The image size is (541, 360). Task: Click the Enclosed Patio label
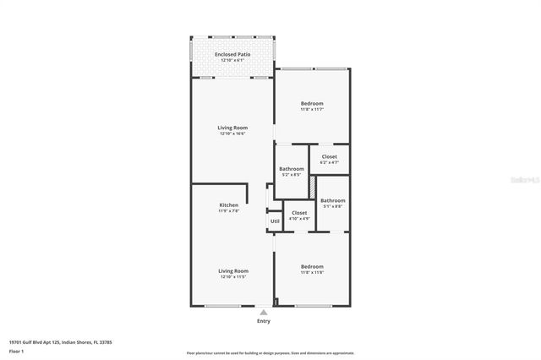[232, 54]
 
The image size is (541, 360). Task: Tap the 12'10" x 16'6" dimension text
[232, 134]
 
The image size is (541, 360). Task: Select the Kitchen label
[228, 205]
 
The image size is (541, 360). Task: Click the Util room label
[275, 221]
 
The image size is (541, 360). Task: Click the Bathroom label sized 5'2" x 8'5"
[292, 168]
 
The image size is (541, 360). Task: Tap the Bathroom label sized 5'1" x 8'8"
[332, 200]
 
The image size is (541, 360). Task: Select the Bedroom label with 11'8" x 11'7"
[312, 103]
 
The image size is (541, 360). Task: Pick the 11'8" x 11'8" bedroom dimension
[312, 272]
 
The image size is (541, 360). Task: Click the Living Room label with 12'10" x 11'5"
[233, 270]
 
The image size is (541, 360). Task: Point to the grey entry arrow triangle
[264, 312]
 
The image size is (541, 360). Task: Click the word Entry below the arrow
[264, 321]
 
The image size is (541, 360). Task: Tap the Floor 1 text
[17, 350]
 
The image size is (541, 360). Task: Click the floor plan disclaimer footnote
[270, 353]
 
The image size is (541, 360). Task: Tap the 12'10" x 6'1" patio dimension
[232, 61]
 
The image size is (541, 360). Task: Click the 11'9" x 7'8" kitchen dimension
[228, 210]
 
